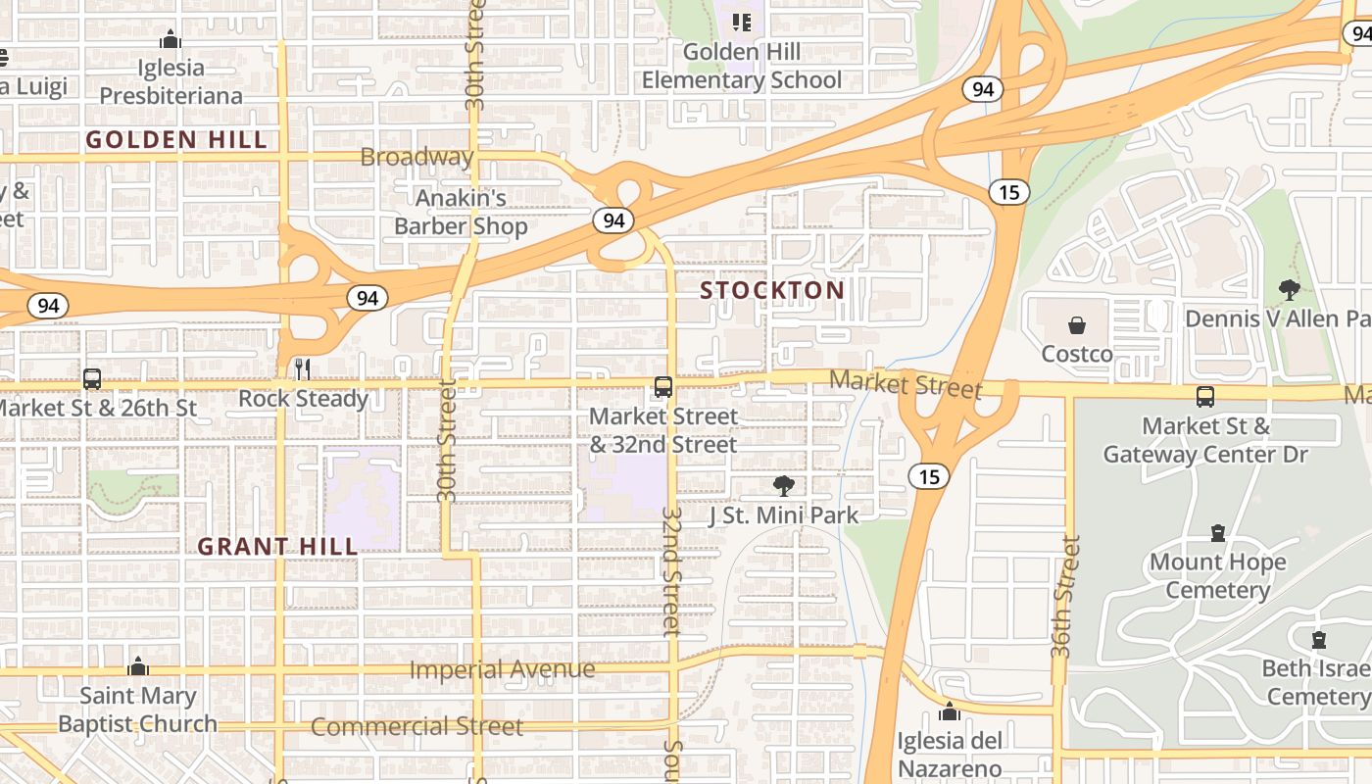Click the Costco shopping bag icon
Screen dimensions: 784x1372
1077,325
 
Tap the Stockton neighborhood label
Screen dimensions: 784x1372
772,290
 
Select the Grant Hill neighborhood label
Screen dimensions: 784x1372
277,546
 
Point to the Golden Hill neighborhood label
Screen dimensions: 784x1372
176,140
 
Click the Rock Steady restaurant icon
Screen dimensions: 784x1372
303,369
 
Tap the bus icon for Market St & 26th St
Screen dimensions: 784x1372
92,379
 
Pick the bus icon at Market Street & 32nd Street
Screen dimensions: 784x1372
663,387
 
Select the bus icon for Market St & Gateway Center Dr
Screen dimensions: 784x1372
1205,397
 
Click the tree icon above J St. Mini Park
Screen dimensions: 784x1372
783,485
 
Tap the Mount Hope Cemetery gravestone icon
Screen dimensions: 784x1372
1218,533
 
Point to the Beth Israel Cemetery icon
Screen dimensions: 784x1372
1319,640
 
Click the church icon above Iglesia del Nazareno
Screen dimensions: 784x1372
949,710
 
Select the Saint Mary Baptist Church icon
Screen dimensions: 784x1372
138,666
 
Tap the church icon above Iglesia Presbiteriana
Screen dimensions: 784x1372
171,39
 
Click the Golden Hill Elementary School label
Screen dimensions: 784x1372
742,66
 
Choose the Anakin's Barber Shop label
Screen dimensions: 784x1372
461,212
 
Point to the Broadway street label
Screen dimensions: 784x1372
416,157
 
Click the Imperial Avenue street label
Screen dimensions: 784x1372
502,669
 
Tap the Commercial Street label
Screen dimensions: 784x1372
416,726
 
